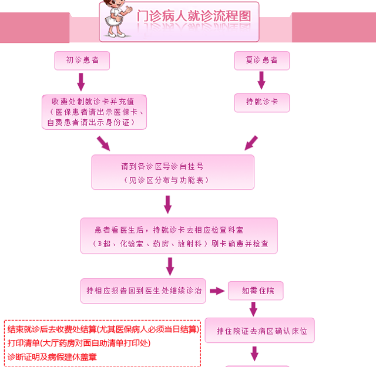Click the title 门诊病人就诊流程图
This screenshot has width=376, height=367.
tap(194, 16)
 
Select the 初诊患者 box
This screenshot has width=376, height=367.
tap(82, 60)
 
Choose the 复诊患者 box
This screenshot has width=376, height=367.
tap(261, 60)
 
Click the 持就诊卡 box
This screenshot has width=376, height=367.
tap(261, 102)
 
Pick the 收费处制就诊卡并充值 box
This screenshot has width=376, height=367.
tap(94, 112)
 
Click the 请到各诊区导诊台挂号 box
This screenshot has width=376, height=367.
tap(173, 171)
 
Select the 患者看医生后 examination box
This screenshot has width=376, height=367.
tap(179, 235)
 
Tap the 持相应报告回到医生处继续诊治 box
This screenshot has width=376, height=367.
tap(143, 291)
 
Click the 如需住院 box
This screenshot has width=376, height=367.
tap(256, 291)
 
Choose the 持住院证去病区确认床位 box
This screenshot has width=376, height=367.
tap(271, 331)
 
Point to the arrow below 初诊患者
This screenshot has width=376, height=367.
tap(81, 82)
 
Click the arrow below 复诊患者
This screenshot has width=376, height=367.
tap(261, 80)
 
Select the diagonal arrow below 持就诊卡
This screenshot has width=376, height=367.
tap(251, 143)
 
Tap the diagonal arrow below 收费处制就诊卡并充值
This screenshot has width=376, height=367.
tap(103, 143)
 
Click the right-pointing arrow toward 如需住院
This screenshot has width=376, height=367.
tap(218, 291)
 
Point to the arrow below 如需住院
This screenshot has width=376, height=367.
tap(254, 309)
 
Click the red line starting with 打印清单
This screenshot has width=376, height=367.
tap(79, 343)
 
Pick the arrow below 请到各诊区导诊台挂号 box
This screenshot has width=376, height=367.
tap(168, 204)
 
